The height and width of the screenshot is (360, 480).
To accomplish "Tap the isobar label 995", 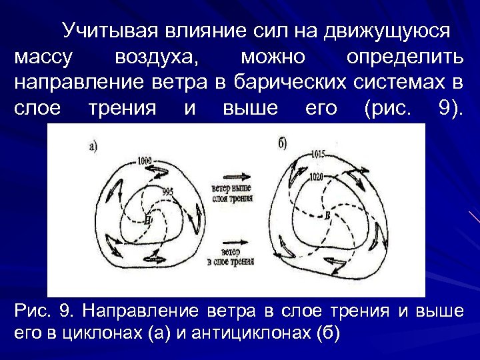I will [x=168, y=191].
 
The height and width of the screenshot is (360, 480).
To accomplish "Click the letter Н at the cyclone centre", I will [x=148, y=219].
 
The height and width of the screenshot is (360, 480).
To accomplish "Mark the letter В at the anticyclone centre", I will [x=327, y=215].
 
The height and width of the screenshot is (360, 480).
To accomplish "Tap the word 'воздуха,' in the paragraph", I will [x=157, y=57].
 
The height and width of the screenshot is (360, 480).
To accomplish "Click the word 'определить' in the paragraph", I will [x=405, y=57].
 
